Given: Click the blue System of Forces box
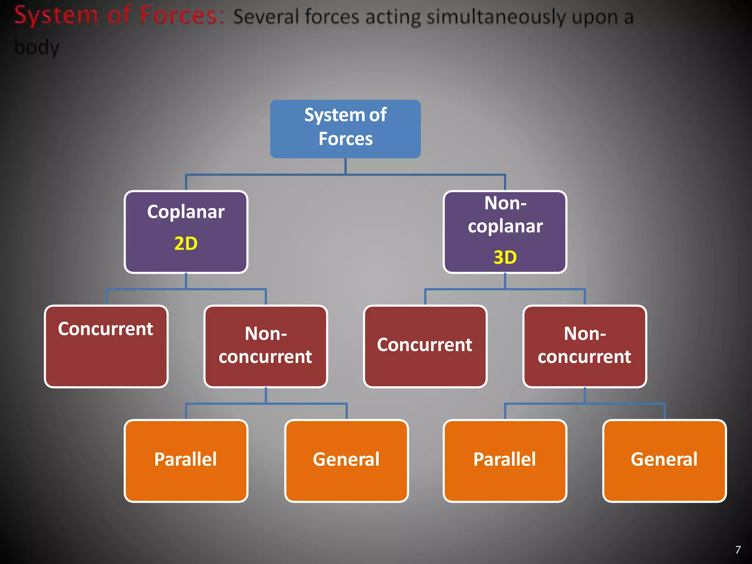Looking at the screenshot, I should (x=345, y=129).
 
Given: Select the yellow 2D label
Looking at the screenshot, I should (x=186, y=243).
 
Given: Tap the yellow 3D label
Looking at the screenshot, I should (x=505, y=257).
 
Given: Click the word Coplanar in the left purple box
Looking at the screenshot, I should (x=186, y=212).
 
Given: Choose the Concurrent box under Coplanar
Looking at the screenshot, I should (x=106, y=346).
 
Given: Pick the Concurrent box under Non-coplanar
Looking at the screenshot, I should (x=425, y=346).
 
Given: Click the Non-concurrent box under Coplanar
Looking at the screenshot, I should (x=265, y=346).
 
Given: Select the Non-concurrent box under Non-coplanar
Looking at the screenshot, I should (x=585, y=346).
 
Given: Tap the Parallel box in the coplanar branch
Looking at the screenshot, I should (x=186, y=460).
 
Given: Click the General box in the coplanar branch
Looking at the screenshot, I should (x=346, y=460).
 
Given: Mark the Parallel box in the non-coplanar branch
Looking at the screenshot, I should (x=505, y=460).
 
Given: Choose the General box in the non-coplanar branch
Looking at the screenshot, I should (x=664, y=460).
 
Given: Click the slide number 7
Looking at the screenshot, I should (x=738, y=550).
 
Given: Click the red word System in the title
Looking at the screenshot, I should (x=56, y=16).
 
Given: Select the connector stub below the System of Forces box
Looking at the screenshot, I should (x=345, y=166).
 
